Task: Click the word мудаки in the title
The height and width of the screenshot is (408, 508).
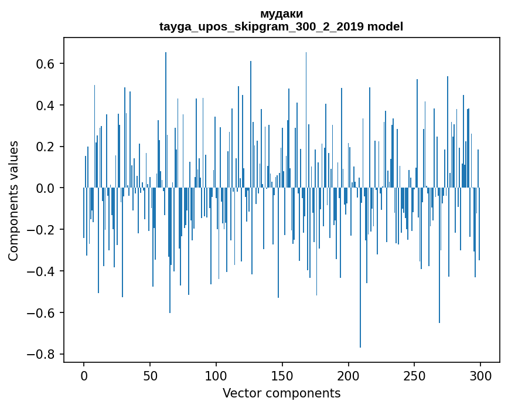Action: tap(281, 14)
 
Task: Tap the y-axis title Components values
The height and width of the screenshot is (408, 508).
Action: tap(13, 200)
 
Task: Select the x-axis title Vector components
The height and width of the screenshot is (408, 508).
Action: tap(281, 393)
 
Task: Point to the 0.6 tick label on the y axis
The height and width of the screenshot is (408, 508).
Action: tap(45, 63)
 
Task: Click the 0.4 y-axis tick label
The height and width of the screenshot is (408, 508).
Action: tap(45, 105)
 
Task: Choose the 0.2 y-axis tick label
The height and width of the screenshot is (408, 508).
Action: tap(45, 147)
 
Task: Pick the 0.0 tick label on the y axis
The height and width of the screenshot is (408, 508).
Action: tap(45, 188)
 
